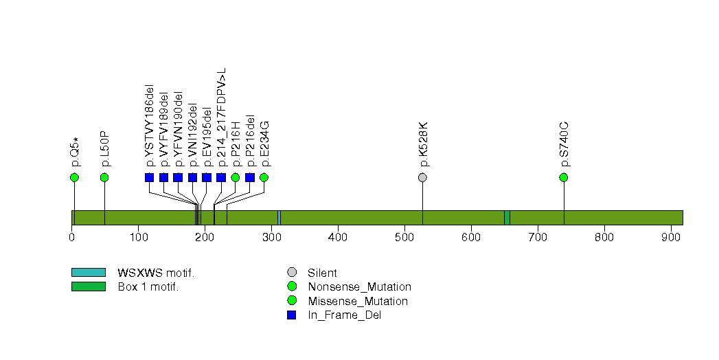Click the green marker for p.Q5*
click(74, 177)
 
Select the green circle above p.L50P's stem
click(104, 177)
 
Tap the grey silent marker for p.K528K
click(422, 177)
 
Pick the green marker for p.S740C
click(564, 177)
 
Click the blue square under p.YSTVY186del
click(150, 177)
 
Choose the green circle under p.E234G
click(264, 177)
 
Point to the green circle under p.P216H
click(236, 177)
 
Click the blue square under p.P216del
click(250, 177)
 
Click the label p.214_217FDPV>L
click(221, 117)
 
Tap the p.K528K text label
click(423, 144)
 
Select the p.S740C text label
click(564, 144)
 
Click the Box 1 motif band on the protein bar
click(507, 217)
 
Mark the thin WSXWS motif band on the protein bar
click(279, 217)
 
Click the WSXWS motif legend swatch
click(88, 273)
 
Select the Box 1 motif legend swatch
click(88, 286)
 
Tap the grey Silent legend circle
click(292, 273)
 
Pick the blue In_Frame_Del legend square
click(292, 315)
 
